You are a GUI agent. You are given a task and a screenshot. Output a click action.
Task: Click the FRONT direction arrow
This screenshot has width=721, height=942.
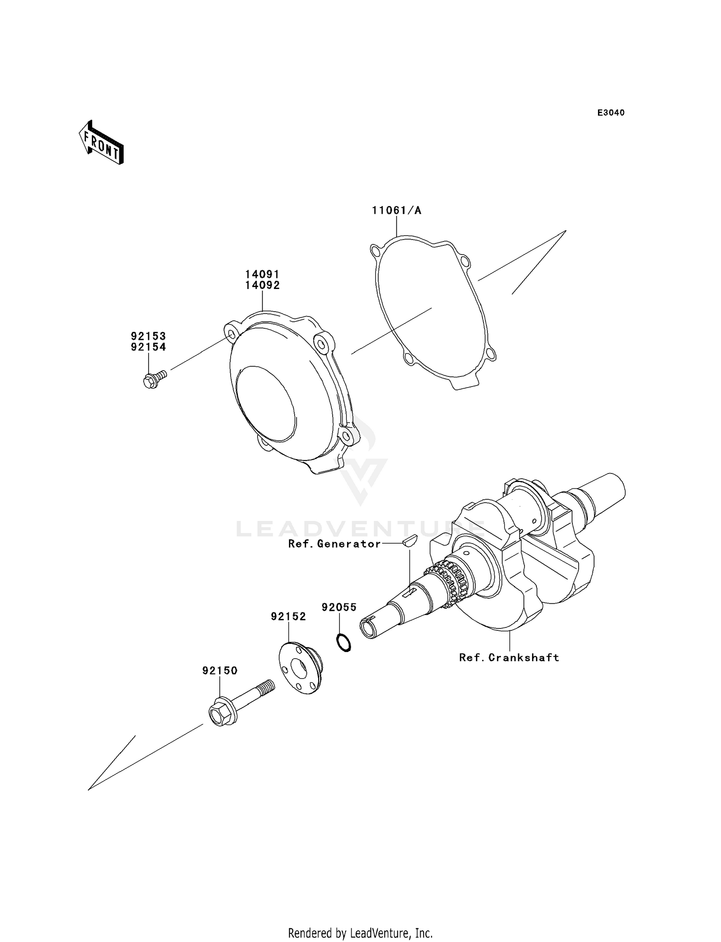click(x=101, y=143)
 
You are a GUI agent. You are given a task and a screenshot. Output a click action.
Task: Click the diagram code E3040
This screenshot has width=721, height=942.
click(x=610, y=113)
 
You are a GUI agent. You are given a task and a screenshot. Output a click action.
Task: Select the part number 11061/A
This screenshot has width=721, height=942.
click(x=396, y=210)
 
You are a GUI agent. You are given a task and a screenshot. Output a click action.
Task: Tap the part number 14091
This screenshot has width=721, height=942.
click(x=262, y=274)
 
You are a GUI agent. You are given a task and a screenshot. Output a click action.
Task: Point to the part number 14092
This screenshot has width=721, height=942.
click(x=262, y=285)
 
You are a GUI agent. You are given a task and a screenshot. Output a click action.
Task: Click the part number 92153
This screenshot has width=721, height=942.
click(x=148, y=336)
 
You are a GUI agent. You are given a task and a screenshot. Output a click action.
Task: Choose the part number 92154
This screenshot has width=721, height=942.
click(x=148, y=347)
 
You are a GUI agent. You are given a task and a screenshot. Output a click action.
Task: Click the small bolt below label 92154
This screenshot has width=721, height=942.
click(x=153, y=379)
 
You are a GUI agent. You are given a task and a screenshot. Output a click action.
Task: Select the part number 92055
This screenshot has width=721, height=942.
click(x=339, y=607)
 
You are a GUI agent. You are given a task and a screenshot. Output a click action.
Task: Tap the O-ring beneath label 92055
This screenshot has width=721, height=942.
click(x=343, y=642)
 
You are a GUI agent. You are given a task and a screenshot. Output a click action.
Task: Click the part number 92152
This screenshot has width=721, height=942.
click(x=288, y=617)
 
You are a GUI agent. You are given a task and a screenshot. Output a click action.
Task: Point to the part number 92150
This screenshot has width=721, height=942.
click(x=220, y=671)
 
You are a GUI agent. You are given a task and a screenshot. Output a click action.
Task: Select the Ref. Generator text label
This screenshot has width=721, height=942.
click(x=334, y=543)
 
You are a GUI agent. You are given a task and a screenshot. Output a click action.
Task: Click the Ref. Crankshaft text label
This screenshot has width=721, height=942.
click(x=509, y=658)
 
